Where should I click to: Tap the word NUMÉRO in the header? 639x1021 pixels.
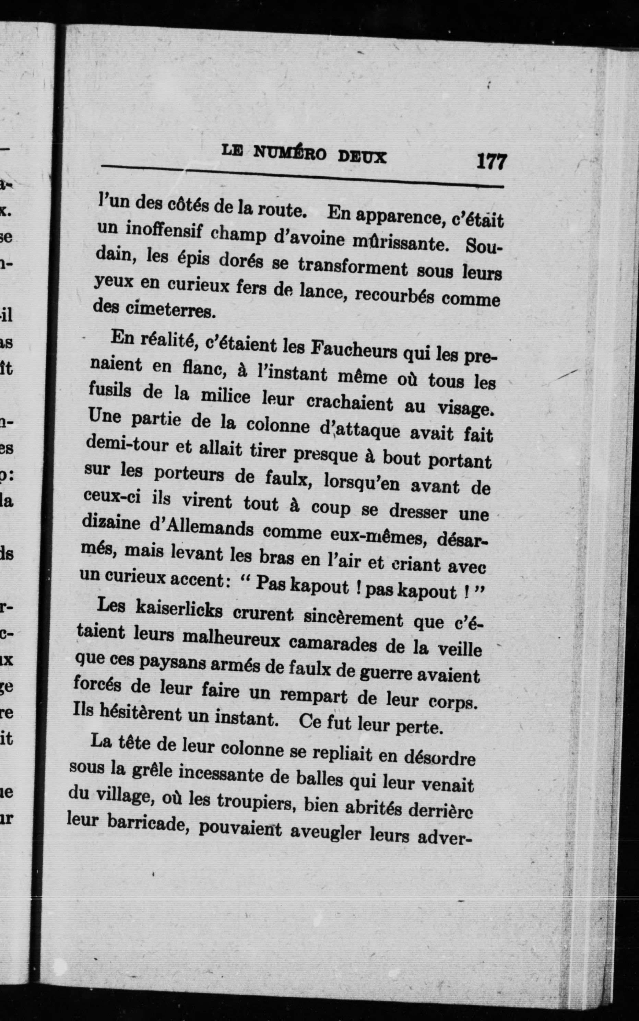coord(289,153)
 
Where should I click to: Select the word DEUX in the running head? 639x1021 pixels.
coord(362,157)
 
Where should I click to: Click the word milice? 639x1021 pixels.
coord(225,396)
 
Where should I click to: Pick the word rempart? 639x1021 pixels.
coord(313,695)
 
